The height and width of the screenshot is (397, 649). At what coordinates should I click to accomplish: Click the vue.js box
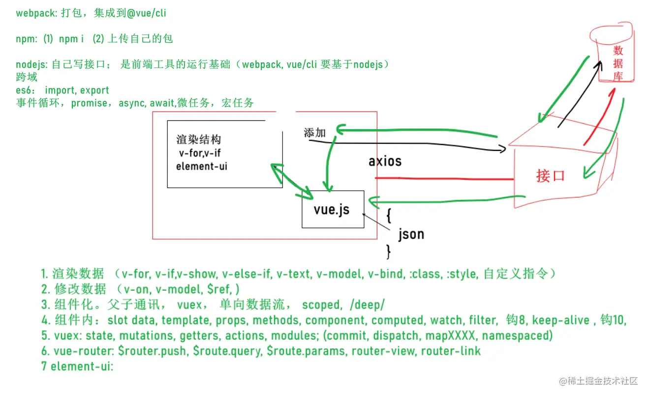pyautogui.click(x=333, y=209)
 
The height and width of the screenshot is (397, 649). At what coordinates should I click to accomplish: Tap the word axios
pyautogui.click(x=385, y=161)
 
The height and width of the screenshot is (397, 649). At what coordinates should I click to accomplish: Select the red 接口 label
pyautogui.click(x=550, y=175)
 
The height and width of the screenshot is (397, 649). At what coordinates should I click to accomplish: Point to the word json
pyautogui.click(x=411, y=234)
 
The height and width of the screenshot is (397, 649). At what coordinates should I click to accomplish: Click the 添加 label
pyautogui.click(x=315, y=133)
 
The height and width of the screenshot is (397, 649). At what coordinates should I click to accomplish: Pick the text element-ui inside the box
pyautogui.click(x=202, y=166)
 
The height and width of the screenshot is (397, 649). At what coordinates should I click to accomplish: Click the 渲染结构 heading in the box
pyautogui.click(x=198, y=140)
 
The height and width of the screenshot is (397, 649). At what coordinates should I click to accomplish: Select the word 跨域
pyautogui.click(x=27, y=78)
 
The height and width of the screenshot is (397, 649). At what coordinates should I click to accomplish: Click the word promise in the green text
pyautogui.click(x=89, y=103)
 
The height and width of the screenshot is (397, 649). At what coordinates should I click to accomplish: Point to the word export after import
pyautogui.click(x=94, y=90)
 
